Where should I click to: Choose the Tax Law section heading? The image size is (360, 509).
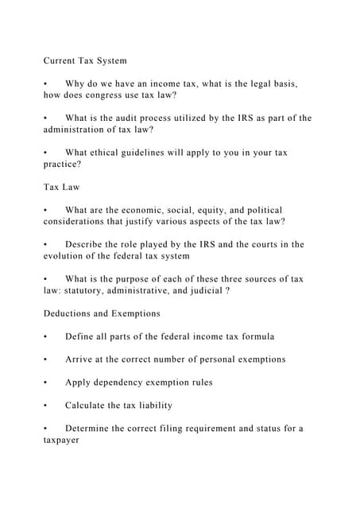coord(61,187)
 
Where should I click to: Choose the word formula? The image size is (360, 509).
coord(260,336)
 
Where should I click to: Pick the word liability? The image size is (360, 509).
coord(152,406)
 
